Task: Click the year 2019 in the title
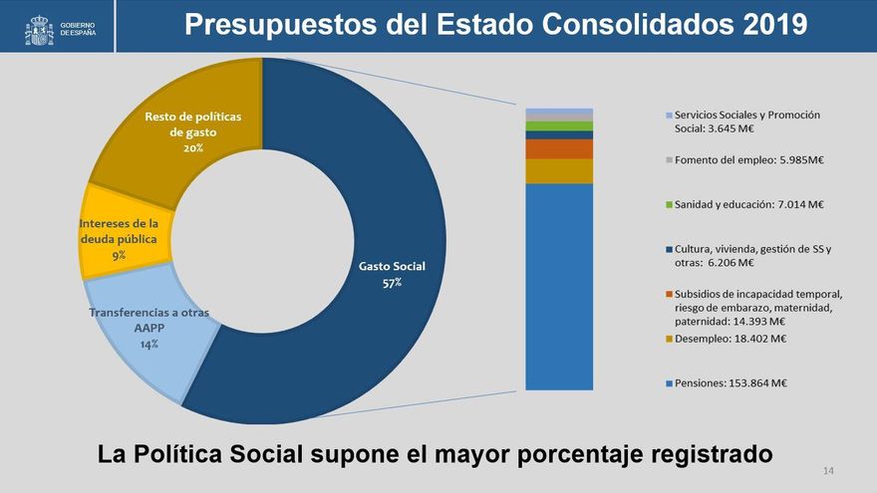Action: click(x=775, y=26)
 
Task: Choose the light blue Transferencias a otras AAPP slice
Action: click(x=149, y=329)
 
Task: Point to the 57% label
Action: click(x=392, y=283)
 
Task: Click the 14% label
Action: click(x=149, y=344)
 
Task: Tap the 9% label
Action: click(x=119, y=256)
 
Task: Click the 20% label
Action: click(x=193, y=147)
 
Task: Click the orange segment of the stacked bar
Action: click(x=559, y=148)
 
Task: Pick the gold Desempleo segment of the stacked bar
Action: click(x=559, y=170)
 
